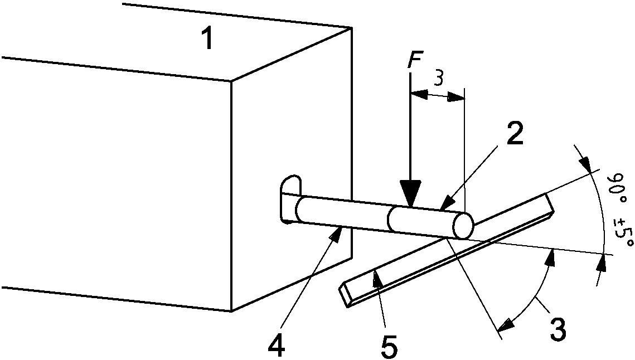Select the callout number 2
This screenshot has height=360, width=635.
pos(515,133)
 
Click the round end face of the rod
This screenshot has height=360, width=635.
pos(463,226)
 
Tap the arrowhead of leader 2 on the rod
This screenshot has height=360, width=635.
pos(446,205)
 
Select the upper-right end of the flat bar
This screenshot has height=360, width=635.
pos(549,206)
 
